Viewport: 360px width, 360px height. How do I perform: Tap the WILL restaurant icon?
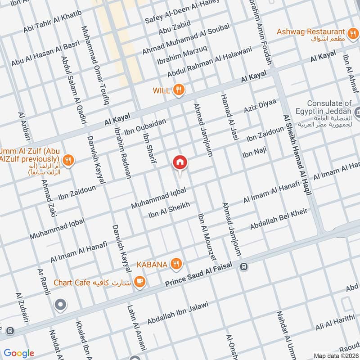click(179, 90)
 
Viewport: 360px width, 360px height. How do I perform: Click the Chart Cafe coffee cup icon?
click(140, 282)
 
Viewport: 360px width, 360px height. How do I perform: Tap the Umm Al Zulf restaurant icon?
click(69, 159)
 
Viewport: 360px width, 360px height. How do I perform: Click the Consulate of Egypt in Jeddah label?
click(329, 107)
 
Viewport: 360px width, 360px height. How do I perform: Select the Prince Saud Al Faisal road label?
click(198, 274)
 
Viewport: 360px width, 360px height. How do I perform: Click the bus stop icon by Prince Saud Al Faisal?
click(243, 266)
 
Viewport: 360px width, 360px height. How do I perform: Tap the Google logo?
click(19, 353)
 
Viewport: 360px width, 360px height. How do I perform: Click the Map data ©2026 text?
click(337, 355)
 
